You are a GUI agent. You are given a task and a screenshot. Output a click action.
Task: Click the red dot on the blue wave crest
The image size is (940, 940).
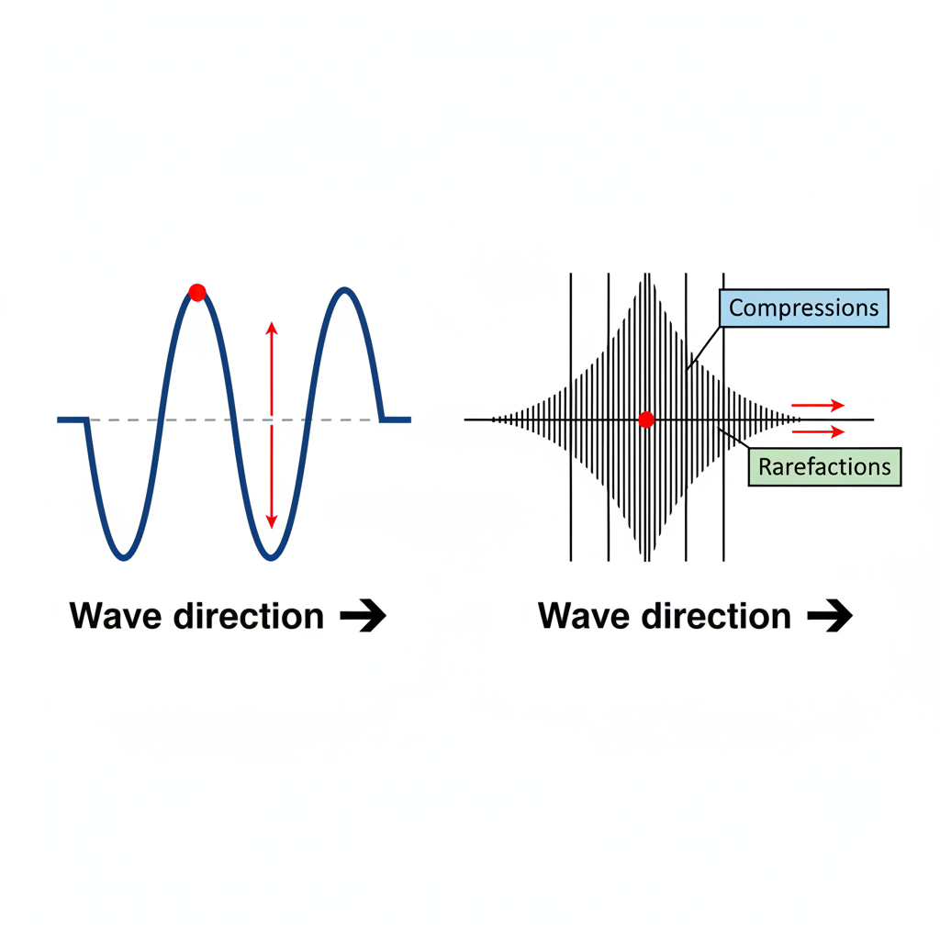tap(197, 293)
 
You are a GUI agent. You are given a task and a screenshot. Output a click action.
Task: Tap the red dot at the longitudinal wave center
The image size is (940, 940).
tap(646, 420)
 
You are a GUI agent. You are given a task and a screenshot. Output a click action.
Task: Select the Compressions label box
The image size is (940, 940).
tap(804, 308)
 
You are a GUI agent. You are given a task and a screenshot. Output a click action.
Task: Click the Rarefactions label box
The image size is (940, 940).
tap(824, 466)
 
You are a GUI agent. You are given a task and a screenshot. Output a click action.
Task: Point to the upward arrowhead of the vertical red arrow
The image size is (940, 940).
tap(272, 328)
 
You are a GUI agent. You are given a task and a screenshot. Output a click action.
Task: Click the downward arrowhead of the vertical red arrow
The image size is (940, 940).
tap(272, 521)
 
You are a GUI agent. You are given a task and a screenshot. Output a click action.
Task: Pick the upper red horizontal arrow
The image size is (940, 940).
tap(818, 405)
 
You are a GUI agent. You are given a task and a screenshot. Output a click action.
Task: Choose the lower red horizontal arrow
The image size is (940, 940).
tap(818, 431)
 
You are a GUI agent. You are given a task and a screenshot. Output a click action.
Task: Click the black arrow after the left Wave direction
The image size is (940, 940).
tap(364, 615)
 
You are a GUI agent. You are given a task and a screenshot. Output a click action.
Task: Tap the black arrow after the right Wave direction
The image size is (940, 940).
tap(830, 615)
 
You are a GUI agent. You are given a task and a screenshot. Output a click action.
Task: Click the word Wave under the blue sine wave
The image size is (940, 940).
tap(116, 616)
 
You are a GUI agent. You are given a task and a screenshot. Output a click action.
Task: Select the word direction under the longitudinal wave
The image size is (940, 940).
tap(716, 616)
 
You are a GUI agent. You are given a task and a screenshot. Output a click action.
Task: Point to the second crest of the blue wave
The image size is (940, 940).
tap(345, 290)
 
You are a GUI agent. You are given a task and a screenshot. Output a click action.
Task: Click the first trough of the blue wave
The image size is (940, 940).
tap(124, 557)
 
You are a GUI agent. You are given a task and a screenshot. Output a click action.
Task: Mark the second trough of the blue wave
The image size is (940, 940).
tap(271, 557)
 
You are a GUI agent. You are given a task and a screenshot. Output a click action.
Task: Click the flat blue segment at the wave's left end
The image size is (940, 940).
tap(73, 420)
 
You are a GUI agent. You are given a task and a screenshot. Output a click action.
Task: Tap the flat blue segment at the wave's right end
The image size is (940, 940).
tap(397, 420)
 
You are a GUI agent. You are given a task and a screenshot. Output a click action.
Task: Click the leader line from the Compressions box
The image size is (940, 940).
tap(703, 348)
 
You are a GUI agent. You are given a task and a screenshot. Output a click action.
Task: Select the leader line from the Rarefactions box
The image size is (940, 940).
tap(733, 438)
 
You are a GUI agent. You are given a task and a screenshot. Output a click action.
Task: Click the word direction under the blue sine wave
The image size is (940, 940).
tap(248, 616)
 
